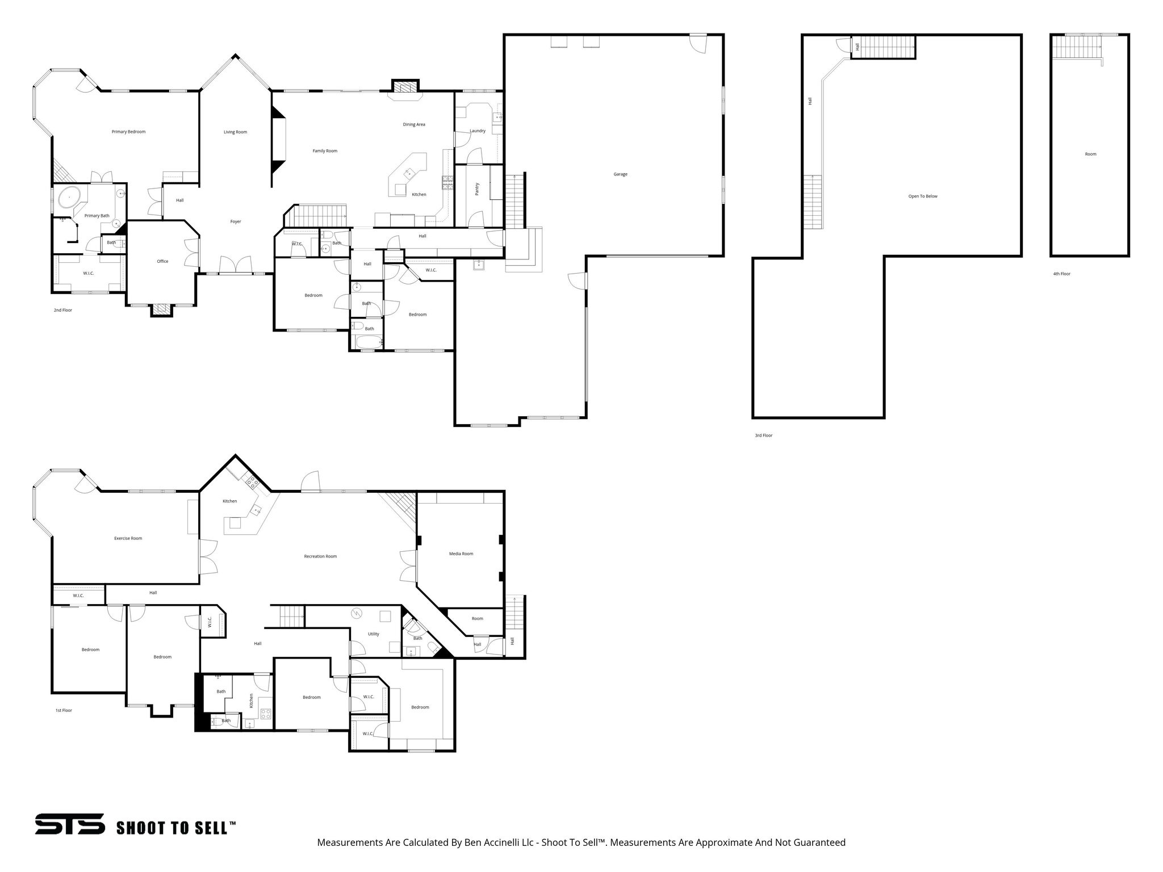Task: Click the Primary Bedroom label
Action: click(128, 132)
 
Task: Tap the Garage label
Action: click(620, 174)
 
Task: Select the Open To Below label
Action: click(923, 196)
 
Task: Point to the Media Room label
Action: click(461, 554)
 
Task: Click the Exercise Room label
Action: click(128, 538)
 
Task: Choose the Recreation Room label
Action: click(320, 556)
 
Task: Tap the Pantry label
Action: click(477, 189)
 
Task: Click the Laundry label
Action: click(478, 131)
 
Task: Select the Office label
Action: click(162, 261)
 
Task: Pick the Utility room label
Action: click(373, 634)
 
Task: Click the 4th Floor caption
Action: click(1061, 274)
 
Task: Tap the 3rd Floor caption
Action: click(763, 435)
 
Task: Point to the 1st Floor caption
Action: click(64, 710)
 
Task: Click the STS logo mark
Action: click(70, 824)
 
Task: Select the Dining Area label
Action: click(414, 124)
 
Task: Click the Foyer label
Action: click(235, 221)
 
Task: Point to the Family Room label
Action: click(325, 151)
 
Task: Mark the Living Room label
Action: click(235, 132)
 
